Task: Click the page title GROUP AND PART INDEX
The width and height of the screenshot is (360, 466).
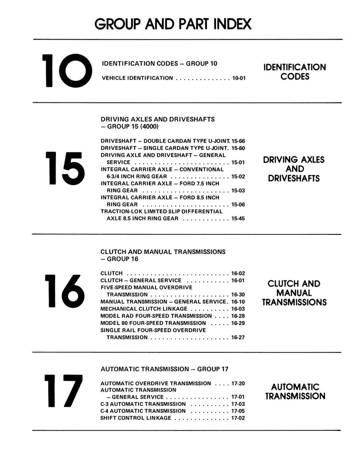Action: (x=173, y=24)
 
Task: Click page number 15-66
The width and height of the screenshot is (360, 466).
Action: (x=238, y=142)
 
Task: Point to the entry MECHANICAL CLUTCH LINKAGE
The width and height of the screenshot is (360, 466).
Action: (x=142, y=308)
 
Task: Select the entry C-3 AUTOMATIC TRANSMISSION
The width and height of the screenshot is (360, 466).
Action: (x=144, y=404)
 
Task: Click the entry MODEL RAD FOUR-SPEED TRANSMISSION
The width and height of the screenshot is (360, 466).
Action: (x=156, y=315)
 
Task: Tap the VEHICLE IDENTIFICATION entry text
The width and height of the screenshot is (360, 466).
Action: (x=137, y=78)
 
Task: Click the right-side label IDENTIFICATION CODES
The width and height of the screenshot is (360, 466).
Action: (x=294, y=72)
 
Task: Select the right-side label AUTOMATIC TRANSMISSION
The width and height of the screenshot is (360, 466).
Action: (x=295, y=391)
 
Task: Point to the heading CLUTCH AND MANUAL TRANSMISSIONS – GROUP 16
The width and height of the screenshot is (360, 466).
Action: (x=162, y=255)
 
